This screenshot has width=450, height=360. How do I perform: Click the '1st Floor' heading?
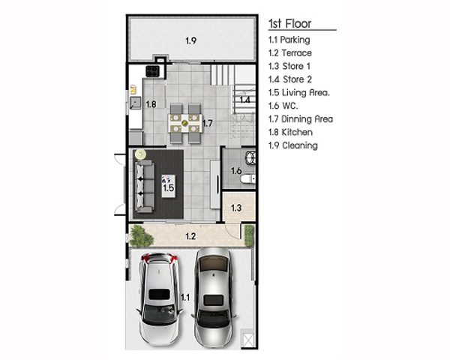tap(289, 23)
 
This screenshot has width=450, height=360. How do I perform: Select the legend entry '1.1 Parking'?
tap(289, 40)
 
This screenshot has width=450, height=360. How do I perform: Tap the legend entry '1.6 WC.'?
tap(283, 106)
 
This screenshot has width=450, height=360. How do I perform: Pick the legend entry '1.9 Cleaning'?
tap(293, 145)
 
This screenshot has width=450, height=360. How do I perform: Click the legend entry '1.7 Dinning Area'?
tap(301, 118)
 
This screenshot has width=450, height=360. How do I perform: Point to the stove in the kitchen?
tap(152, 71)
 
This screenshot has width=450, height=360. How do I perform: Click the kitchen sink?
tap(135, 103)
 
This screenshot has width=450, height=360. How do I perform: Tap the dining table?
tap(185, 123)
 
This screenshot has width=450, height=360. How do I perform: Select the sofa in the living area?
tap(144, 186)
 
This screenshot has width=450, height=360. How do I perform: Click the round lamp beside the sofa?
tap(140, 154)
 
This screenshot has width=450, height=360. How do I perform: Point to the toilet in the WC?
tap(247, 179)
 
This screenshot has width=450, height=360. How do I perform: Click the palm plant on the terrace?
tap(141, 236)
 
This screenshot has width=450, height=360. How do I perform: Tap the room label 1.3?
tap(236, 208)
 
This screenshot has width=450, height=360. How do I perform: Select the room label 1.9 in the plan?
tap(190, 40)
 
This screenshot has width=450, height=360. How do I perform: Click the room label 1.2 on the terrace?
tap(190, 236)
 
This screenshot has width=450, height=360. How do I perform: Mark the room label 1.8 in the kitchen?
tap(151, 104)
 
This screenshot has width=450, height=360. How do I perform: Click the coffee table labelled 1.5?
tap(169, 186)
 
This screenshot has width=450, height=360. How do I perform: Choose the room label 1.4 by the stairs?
tap(244, 100)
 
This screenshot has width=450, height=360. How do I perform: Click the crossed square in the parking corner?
tap(248, 340)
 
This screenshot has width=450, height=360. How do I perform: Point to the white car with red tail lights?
tap(159, 298)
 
